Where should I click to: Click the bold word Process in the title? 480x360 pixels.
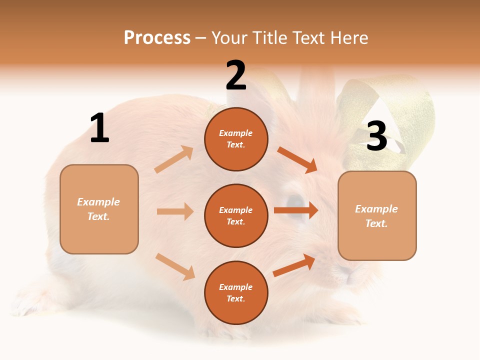[157, 37]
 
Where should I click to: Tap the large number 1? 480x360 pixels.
[99, 128]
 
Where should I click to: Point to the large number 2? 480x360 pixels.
[236, 75]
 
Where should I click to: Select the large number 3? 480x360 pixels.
[376, 136]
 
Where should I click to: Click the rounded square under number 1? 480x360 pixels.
[99, 209]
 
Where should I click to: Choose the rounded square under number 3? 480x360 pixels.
[377, 215]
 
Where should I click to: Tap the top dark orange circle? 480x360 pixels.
[236, 139]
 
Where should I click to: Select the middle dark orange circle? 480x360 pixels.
[236, 215]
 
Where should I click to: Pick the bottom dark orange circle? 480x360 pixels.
[236, 292]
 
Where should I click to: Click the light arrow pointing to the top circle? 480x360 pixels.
[174, 159]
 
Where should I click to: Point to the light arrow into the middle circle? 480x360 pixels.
[175, 211]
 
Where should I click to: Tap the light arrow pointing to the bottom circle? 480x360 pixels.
[175, 266]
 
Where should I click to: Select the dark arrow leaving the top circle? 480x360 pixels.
[297, 159]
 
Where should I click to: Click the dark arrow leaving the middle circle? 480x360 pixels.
[295, 210]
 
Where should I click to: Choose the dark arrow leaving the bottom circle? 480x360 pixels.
[294, 265]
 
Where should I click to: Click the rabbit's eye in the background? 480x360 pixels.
[296, 201]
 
